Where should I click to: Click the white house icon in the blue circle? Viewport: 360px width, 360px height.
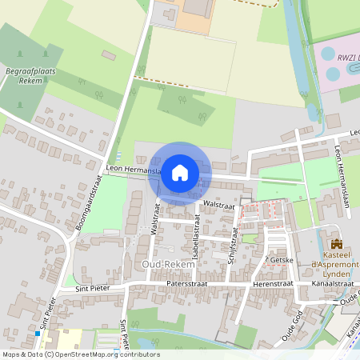pos(180,172)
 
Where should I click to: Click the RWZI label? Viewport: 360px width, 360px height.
pos(346,58)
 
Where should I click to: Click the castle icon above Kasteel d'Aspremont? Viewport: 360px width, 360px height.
pos(337,243)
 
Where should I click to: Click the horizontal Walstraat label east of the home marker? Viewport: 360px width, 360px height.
pos(217,205)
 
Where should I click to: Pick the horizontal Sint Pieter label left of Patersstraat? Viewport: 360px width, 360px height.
pos(91,287)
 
